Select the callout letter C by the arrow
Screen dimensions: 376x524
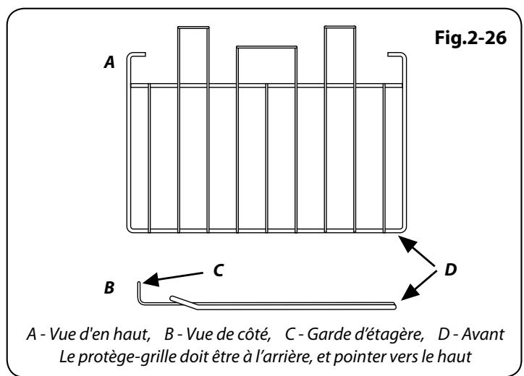(218, 271)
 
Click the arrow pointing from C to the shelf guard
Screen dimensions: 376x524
(174, 278)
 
